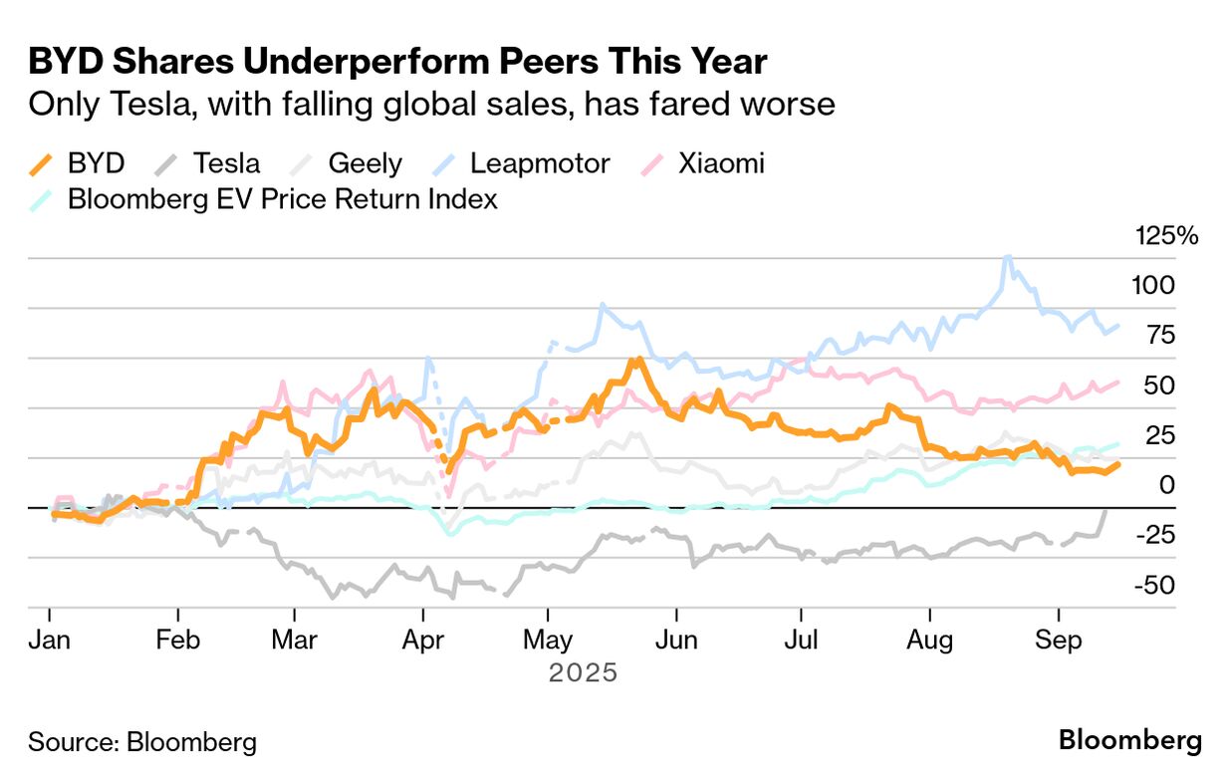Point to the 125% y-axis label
click(x=1167, y=237)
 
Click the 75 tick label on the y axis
click(x=1160, y=336)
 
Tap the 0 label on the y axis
click(x=1167, y=485)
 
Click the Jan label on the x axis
click(x=50, y=641)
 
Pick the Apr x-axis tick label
click(x=424, y=641)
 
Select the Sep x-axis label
click(x=1058, y=641)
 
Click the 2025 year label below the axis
click(x=584, y=673)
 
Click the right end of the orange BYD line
click(x=1118, y=463)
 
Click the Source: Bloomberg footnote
click(x=141, y=742)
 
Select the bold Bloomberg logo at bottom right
click(x=1129, y=741)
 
